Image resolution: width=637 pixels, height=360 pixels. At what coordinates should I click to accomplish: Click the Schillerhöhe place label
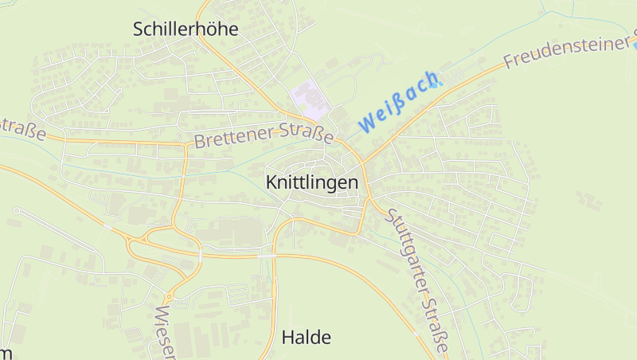point(186,29)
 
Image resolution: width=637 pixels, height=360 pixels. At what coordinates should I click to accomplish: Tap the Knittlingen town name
point(311,182)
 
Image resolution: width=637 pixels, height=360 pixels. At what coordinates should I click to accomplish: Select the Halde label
point(307,337)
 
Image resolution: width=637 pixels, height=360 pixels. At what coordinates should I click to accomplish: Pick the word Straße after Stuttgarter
point(437,327)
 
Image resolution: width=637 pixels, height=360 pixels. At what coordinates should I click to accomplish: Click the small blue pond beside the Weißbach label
point(438,82)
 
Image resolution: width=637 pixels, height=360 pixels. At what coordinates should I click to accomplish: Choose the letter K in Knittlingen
point(270,182)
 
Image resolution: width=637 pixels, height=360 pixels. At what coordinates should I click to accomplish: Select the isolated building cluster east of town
point(588,199)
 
